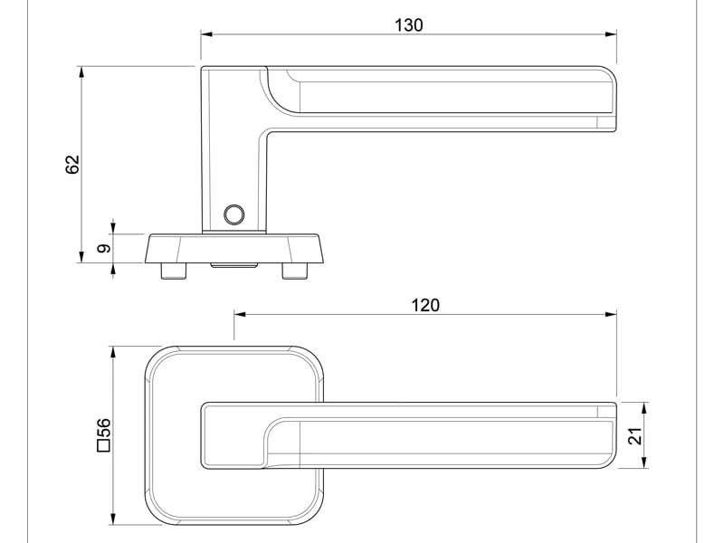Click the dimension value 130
pos(409,25)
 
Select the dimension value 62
pos(73,165)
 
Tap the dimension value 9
pos(105,248)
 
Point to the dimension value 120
pos(425,305)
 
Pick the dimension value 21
pos(635,435)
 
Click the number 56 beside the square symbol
pos(104,428)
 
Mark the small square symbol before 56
pos(103,444)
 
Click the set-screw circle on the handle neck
pos(234,214)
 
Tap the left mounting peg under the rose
pos(174,271)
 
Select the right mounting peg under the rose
pos(295,271)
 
